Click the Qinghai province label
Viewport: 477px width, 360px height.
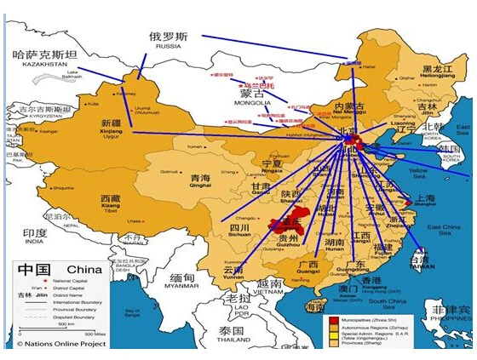[x=200, y=180]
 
